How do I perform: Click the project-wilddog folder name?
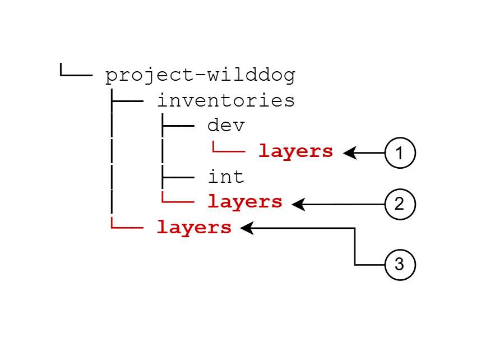200,76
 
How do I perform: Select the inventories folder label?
225,101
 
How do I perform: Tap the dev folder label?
226,126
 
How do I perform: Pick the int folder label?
226,177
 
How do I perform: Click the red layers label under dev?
295,151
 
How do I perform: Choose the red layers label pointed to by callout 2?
245,202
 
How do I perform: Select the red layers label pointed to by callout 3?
194,228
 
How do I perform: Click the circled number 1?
400,153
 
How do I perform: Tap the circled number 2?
400,205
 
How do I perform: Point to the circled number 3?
400,264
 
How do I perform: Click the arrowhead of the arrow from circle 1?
349,153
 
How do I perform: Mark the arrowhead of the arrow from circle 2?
298,205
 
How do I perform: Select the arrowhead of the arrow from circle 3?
247,228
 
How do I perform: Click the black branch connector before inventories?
127,101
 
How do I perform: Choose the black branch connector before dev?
177,126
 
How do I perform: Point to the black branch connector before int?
177,177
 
